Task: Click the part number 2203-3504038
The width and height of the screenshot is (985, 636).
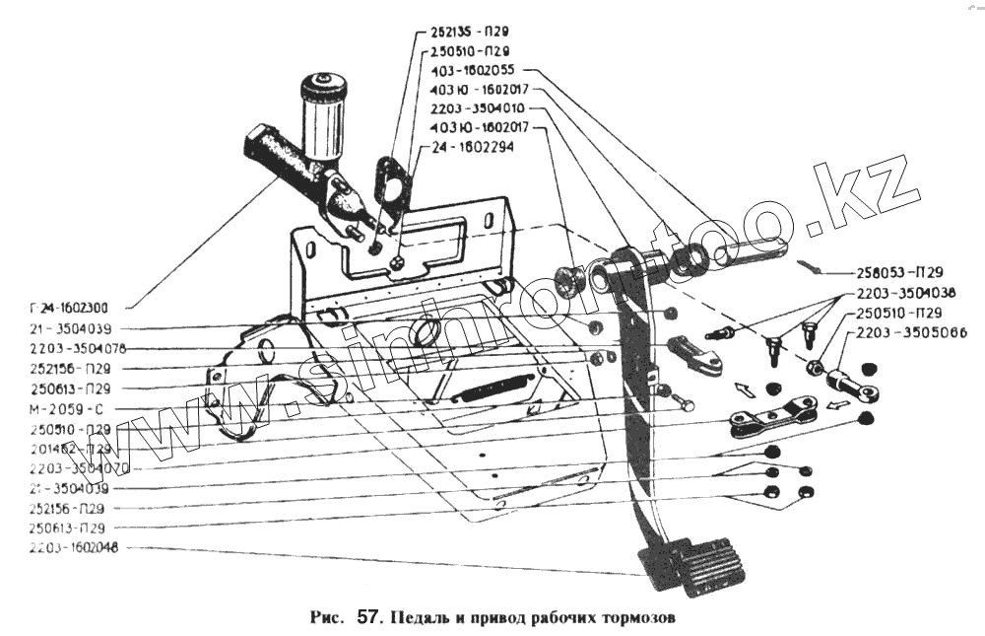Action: (904, 293)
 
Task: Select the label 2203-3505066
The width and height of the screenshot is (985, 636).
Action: (911, 333)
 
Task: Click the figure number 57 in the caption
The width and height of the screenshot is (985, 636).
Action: (367, 619)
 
